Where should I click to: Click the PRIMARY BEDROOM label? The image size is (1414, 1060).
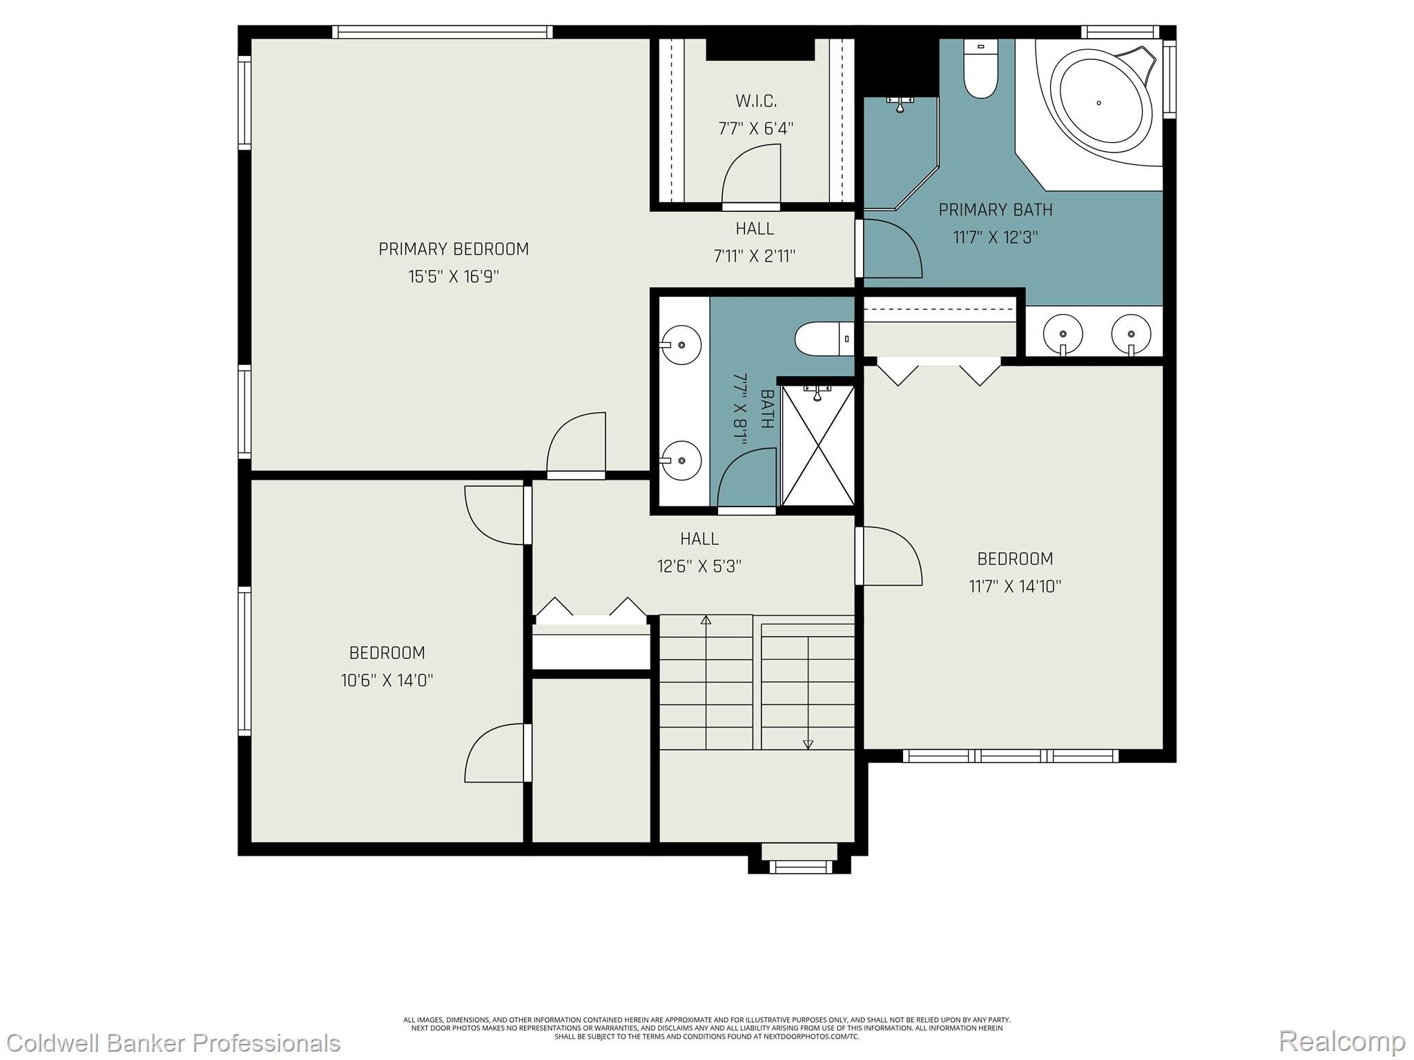click(x=454, y=249)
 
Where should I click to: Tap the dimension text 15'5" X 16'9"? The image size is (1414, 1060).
click(x=454, y=277)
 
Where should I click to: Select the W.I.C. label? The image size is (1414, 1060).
click(x=756, y=101)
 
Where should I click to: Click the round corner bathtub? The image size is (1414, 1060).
click(x=1101, y=104)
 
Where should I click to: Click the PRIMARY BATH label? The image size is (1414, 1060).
click(x=996, y=209)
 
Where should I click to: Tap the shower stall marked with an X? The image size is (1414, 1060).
click(x=817, y=447)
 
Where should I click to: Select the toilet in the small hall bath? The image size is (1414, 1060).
click(x=823, y=339)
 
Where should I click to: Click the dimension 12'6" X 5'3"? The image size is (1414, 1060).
click(x=699, y=567)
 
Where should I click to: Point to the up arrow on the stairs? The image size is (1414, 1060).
click(x=706, y=620)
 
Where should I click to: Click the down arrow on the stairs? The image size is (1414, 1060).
click(x=808, y=744)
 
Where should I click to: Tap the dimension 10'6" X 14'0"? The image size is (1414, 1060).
click(x=387, y=680)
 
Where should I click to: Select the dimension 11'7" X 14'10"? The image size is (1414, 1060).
click(x=1015, y=587)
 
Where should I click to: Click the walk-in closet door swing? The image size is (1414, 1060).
click(x=751, y=176)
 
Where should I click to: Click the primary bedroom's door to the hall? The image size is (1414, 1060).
click(x=577, y=445)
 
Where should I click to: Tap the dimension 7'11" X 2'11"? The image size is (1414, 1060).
click(x=755, y=257)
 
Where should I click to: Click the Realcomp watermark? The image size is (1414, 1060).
click(x=1342, y=1041)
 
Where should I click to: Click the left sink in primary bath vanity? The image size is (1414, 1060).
click(x=1063, y=335)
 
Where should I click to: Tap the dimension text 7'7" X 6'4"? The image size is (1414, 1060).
click(x=756, y=128)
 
